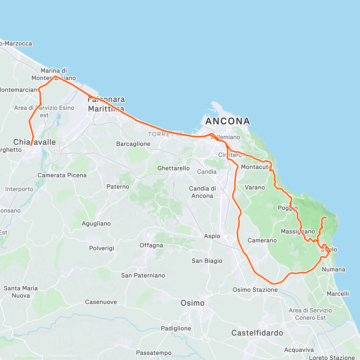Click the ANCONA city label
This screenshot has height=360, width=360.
coord(228,121)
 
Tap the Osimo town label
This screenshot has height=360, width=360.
coord(193,303)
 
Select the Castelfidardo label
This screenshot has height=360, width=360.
coord(257,333)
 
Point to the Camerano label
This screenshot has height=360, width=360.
coord(262,240)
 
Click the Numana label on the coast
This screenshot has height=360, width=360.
coord(333,269)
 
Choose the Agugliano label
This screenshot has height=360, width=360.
coord(96,223)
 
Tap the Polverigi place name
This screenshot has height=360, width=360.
coord(102,248)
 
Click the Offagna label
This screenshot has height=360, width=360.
coord(151,245)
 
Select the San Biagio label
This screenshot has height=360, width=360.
coord(207,261)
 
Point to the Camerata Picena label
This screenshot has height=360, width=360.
coord(62,175)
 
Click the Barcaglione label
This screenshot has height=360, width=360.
coord(133,144)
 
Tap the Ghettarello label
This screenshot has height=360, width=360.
coord(173,168)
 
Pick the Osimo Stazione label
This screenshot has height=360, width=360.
coord(255,290)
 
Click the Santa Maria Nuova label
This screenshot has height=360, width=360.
coord(21,292)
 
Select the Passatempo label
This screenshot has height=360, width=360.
coord(154,353)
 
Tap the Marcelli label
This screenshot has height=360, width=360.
coord(338,294)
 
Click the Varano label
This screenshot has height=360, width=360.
coord(255,187)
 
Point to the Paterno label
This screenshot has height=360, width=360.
coord(118,187)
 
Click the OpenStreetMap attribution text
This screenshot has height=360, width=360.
coord(63,356)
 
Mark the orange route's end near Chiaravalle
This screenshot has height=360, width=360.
coord(31,145)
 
